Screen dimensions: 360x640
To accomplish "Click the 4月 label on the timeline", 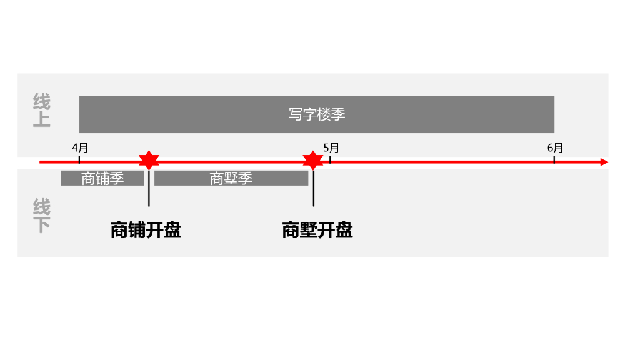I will (x=80, y=148).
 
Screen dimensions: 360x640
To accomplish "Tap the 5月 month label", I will (x=331, y=148).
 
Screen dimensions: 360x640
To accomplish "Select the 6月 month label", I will (x=555, y=148).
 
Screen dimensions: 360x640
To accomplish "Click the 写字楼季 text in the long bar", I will (x=317, y=114).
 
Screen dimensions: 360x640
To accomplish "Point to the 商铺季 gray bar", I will (x=102, y=178).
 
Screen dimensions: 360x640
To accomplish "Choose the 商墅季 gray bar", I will (x=231, y=178).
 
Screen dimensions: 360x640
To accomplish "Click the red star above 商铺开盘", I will (x=149, y=161).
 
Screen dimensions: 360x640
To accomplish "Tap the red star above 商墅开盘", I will (x=312, y=161).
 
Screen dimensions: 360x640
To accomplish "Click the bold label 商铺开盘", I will (x=146, y=231).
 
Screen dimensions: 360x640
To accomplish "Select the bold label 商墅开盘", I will (x=317, y=231).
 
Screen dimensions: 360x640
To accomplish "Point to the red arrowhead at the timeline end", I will (x=603, y=162).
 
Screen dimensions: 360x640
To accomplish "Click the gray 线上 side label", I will (x=42, y=110).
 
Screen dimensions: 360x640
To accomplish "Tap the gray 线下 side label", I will (x=42, y=216).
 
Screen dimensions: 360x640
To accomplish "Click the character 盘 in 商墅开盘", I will (x=344, y=231).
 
